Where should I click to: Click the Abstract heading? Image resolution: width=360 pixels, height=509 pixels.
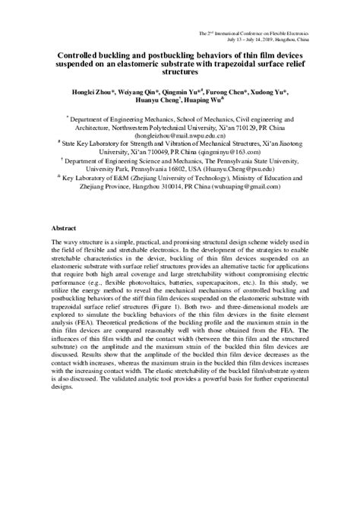63,227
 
